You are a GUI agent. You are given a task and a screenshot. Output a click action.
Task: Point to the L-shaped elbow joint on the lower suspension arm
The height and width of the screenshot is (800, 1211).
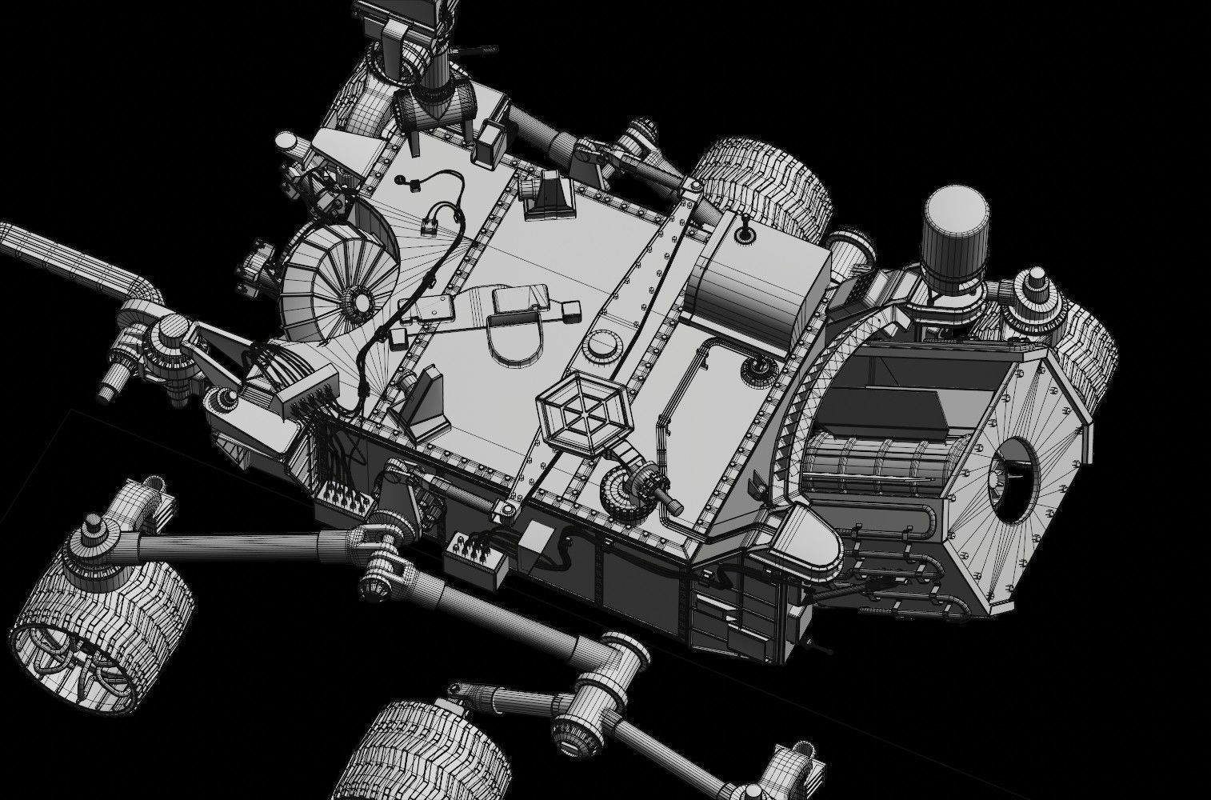pos(614,664)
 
